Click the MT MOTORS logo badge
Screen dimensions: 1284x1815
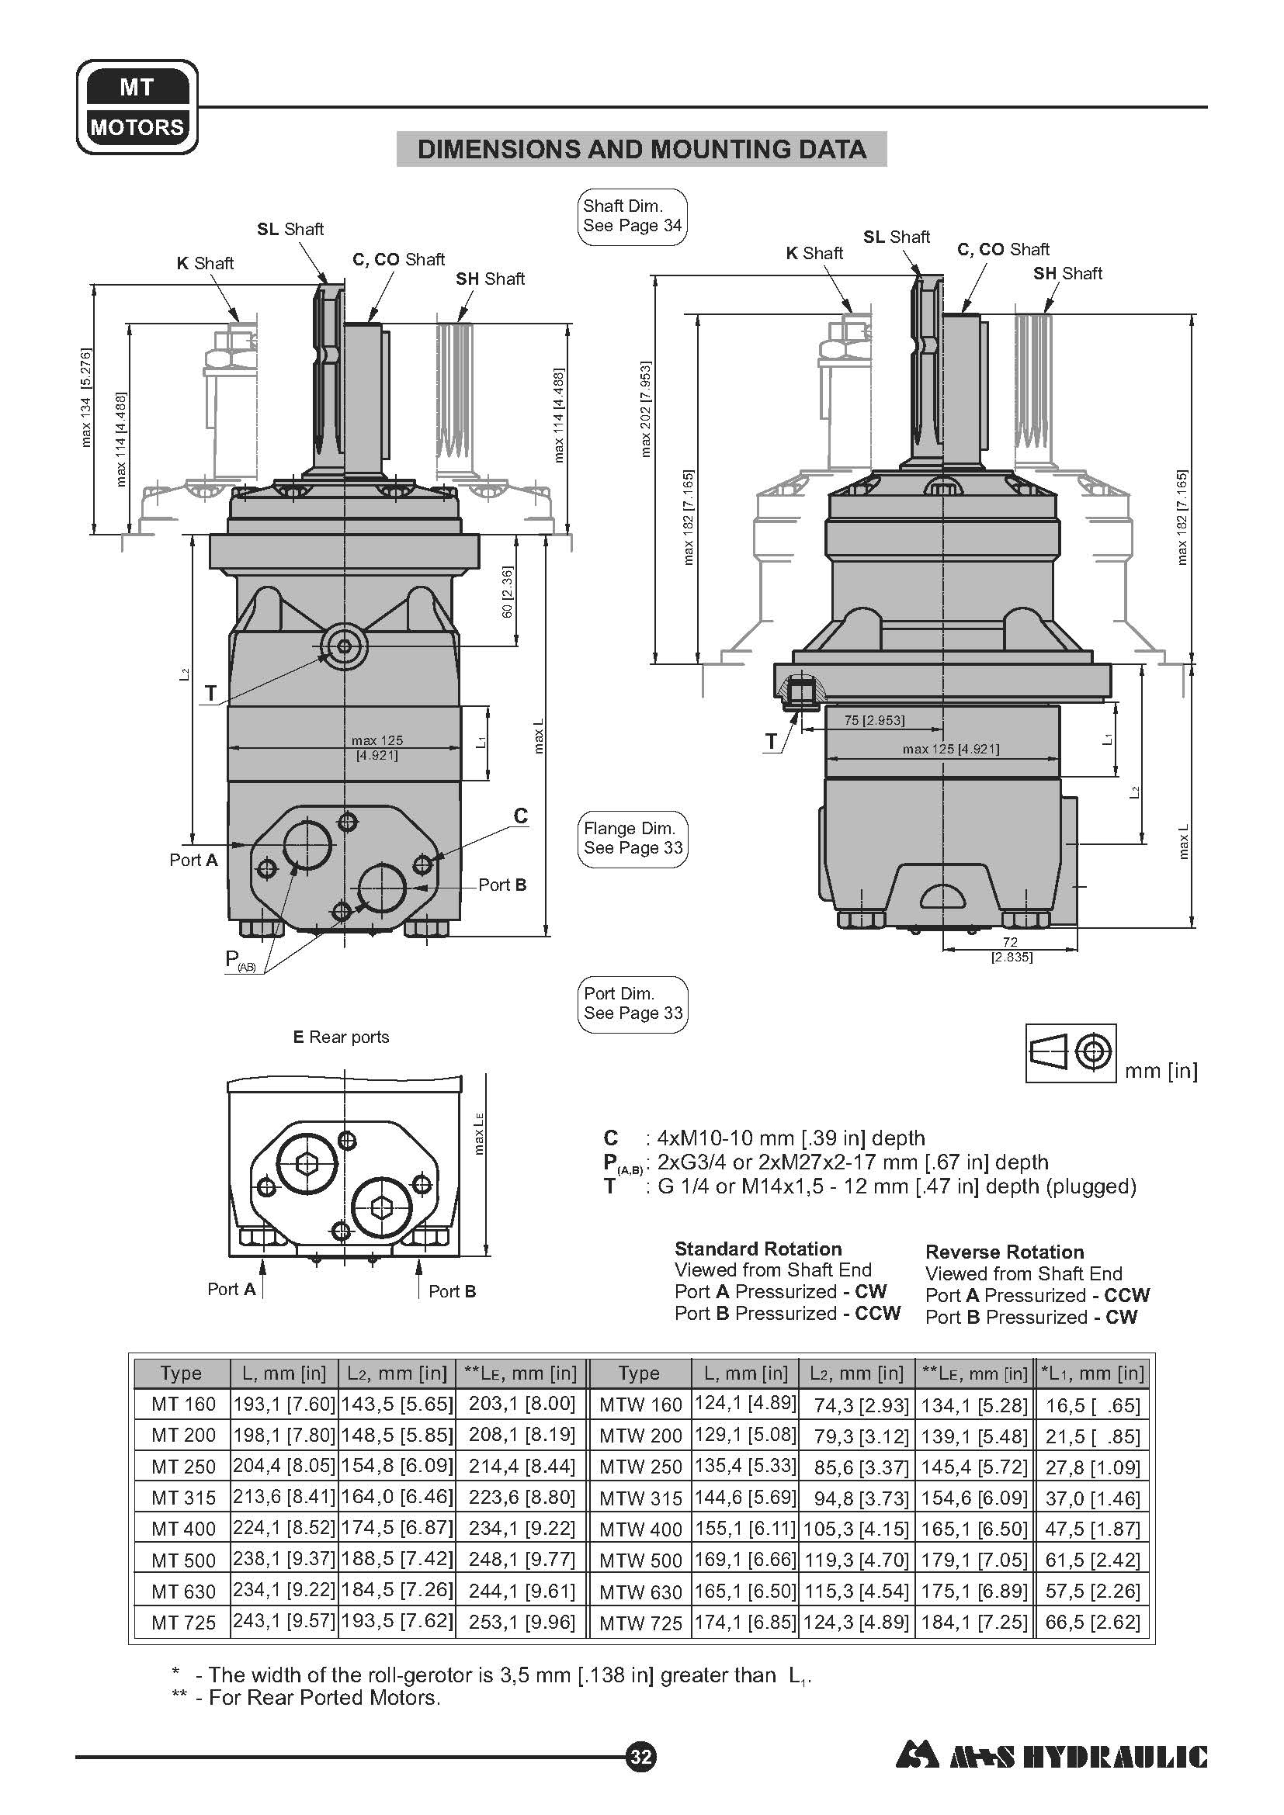tap(137, 107)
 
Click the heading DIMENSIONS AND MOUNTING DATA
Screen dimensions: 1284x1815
tap(641, 150)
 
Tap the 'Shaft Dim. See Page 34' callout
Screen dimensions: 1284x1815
tap(633, 216)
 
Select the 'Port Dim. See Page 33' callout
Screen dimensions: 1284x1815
tap(633, 1003)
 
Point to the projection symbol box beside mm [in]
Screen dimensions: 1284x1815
tap(1071, 1053)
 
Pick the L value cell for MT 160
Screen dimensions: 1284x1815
tap(284, 1403)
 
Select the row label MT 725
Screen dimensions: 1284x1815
tap(182, 1622)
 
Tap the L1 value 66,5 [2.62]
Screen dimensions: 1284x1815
tap(1093, 1622)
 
